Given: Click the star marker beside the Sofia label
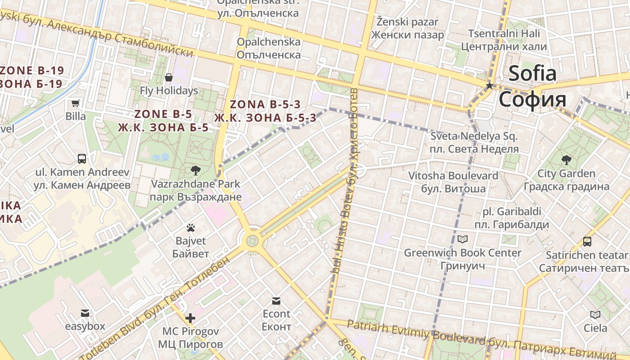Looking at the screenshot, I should [x=489, y=85].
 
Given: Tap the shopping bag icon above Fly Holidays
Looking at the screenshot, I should [x=169, y=77].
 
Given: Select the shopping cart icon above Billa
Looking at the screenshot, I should [x=76, y=103].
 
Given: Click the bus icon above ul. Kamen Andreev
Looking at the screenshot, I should [x=82, y=158].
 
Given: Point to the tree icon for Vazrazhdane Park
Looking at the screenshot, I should [x=195, y=170].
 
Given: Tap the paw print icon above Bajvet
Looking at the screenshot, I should [x=190, y=228].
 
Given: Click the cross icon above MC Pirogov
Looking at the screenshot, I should [x=190, y=318].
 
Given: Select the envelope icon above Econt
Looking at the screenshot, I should [x=276, y=301].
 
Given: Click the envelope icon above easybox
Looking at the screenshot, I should [x=85, y=313].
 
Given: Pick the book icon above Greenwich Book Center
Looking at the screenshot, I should [x=463, y=239].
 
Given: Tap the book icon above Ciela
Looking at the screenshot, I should [x=595, y=315].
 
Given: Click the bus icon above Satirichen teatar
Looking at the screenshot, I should [x=587, y=242].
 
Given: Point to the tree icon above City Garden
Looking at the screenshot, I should [x=566, y=160].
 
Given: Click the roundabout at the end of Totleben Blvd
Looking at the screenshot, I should [x=252, y=241].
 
